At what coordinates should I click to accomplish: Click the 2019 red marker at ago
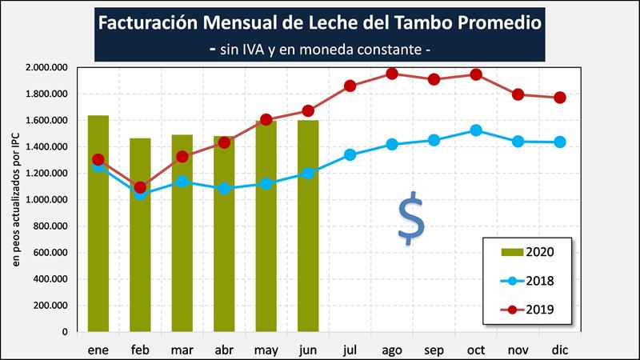(x=392, y=74)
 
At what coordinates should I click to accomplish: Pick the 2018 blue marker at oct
(x=476, y=130)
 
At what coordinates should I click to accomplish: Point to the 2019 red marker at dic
(x=560, y=98)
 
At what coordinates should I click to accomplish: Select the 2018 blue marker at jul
(x=350, y=154)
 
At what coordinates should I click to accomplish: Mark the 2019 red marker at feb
(x=141, y=187)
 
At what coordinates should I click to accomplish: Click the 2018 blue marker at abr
(x=225, y=189)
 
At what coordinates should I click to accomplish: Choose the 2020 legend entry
(x=528, y=252)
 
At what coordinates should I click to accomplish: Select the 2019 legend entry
(x=528, y=308)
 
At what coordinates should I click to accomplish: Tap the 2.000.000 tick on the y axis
(x=47, y=67)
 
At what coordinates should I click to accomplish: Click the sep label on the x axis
(x=434, y=350)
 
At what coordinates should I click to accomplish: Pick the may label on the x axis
(x=266, y=350)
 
